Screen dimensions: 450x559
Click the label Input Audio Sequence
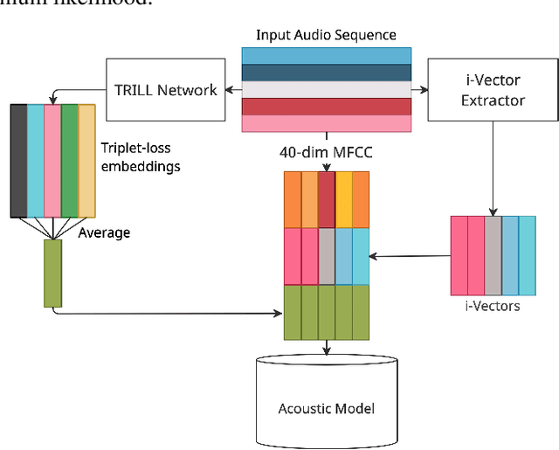coord(326,36)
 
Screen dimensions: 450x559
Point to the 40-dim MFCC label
coord(326,152)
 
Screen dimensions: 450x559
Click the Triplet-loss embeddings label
coord(141,158)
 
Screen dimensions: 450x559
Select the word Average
coord(104,232)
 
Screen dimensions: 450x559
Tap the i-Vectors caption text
coord(493,306)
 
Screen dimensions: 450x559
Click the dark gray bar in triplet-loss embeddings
coord(18,160)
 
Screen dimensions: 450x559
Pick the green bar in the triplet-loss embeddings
coord(70,160)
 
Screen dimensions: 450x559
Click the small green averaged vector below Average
coord(53,273)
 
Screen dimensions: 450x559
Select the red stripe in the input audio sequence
coord(326,107)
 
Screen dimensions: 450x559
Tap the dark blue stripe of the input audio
coord(326,73)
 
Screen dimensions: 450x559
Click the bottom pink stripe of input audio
coord(326,124)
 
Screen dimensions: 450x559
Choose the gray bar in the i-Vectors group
coord(493,254)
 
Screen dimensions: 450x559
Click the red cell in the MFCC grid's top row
coord(327,199)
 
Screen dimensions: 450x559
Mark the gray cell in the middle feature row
coord(327,256)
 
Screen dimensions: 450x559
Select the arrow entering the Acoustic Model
coord(327,348)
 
